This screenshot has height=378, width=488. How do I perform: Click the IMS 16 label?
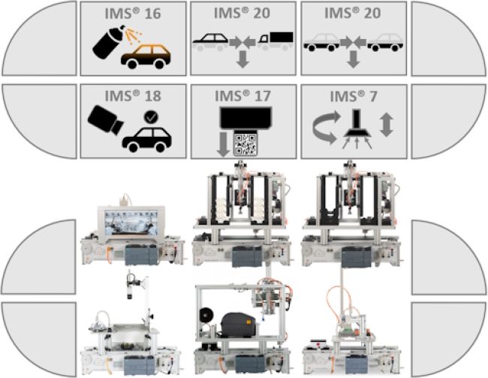click(x=133, y=14)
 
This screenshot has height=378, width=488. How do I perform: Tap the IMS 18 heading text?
click(x=133, y=96)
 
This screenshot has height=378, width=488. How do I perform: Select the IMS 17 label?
click(x=242, y=96)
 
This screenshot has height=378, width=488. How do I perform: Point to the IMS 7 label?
click(x=354, y=96)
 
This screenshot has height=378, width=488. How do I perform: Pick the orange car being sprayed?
click(x=146, y=56)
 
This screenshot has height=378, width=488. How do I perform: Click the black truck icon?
click(x=275, y=41)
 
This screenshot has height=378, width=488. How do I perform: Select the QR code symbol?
click(x=246, y=144)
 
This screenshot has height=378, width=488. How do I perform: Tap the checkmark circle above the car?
click(x=151, y=117)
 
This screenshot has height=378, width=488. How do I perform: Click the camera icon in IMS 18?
click(x=105, y=119)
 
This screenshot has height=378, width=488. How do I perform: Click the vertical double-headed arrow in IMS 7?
click(x=386, y=125)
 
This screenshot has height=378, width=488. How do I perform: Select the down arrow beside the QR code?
click(x=223, y=144)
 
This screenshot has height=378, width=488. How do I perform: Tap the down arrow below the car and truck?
click(x=242, y=60)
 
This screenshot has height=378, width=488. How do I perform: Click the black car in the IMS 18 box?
click(x=147, y=139)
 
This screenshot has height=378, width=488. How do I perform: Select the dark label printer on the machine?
click(x=239, y=325)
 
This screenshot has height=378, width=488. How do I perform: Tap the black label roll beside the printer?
click(x=205, y=317)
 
